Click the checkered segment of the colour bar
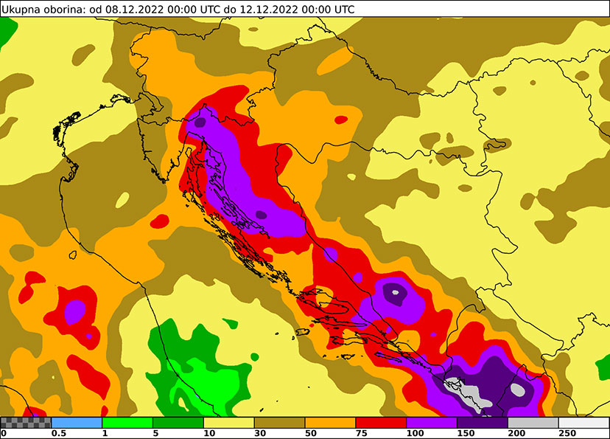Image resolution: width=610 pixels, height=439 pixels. pyautogui.click(x=26, y=423)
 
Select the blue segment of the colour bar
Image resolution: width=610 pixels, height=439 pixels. pyautogui.click(x=77, y=423)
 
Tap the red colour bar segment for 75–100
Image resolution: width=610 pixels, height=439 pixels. pyautogui.click(x=381, y=423)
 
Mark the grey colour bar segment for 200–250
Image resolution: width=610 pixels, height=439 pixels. pyautogui.click(x=533, y=423)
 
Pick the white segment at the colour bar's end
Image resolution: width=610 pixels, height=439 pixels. pyautogui.click(x=583, y=423)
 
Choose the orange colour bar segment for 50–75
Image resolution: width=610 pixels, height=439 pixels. pyautogui.click(x=330, y=423)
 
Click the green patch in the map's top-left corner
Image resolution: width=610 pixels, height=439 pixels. pyautogui.click(x=7, y=30)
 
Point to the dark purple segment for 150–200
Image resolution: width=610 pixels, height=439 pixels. pyautogui.click(x=483, y=423)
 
